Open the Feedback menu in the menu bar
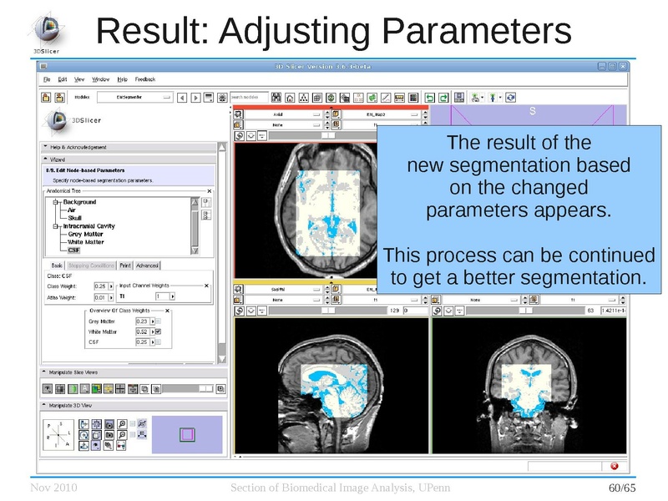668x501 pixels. coord(145,79)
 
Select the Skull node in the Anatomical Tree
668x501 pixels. coord(74,218)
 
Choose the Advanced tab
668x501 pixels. coord(147,266)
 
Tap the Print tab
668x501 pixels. coord(124,266)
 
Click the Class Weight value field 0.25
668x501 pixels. coord(99,286)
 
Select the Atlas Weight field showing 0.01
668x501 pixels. coord(99,296)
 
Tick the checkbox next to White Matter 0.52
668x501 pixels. coord(158,331)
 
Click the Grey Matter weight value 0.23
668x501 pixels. coord(142,321)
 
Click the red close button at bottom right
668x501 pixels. coord(615,466)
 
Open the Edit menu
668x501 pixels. coord(63,79)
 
